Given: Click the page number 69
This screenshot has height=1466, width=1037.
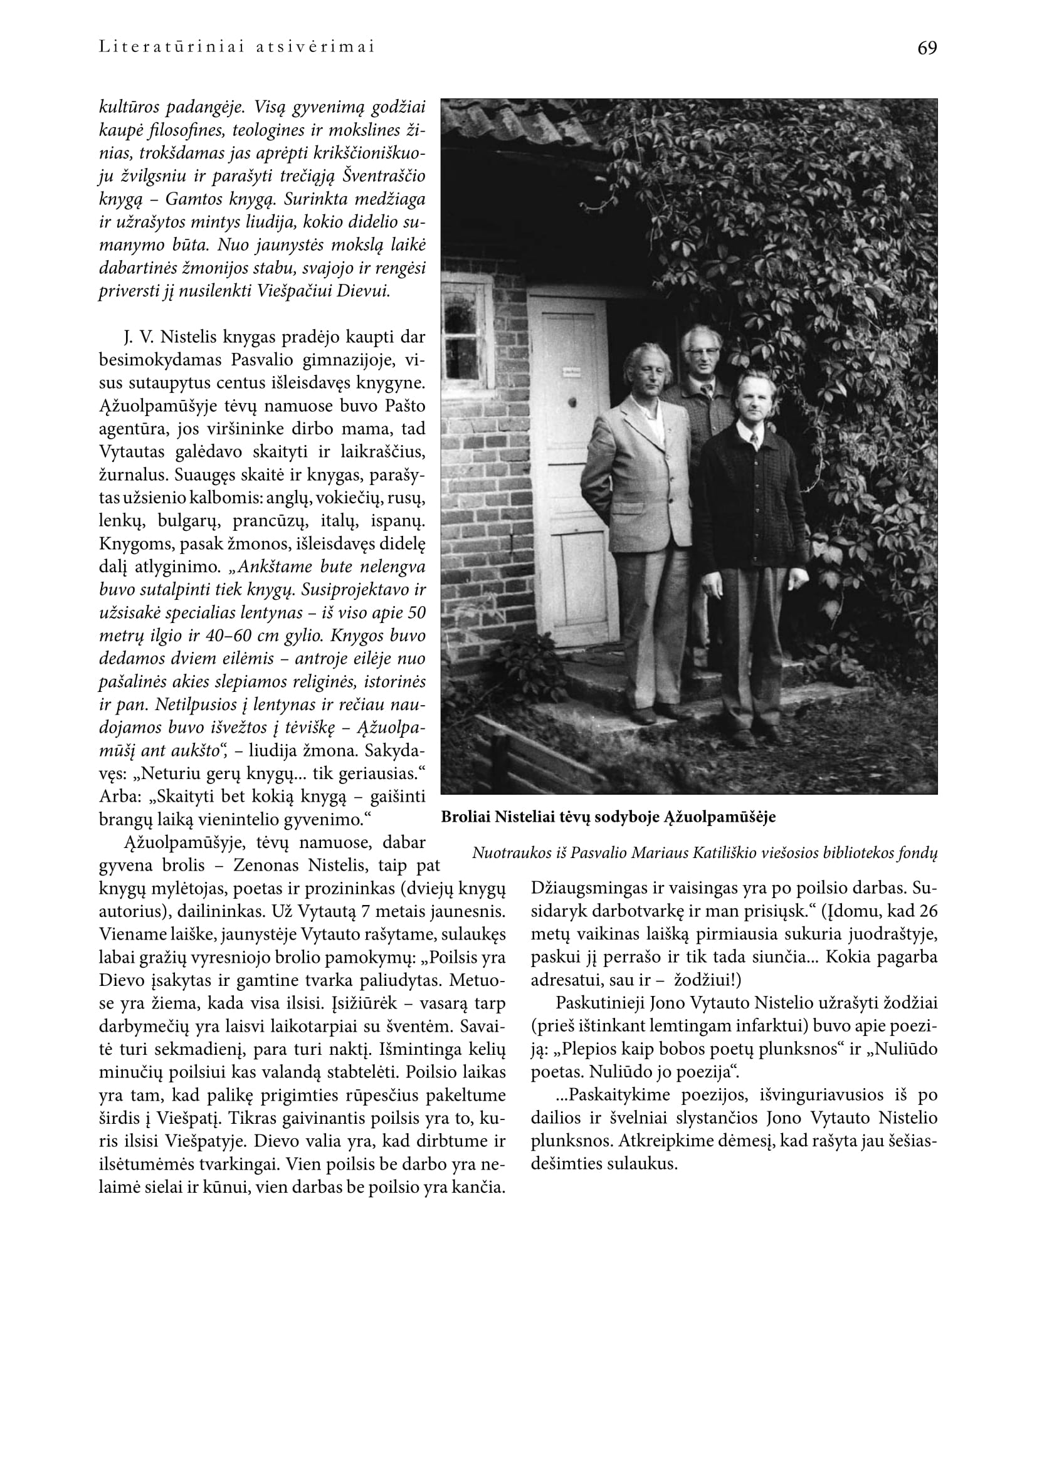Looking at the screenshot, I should [x=927, y=48].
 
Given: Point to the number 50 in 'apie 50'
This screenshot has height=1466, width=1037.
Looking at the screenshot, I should [x=416, y=612].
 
